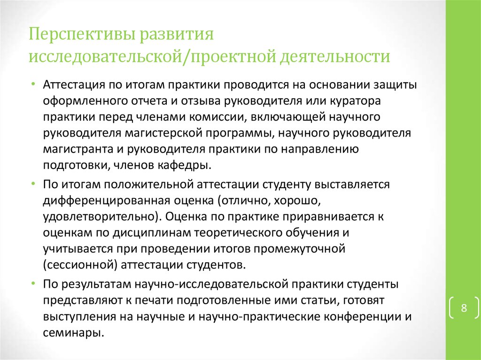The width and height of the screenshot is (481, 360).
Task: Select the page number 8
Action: tap(464, 308)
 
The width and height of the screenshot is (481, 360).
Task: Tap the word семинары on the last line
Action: tap(72, 332)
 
